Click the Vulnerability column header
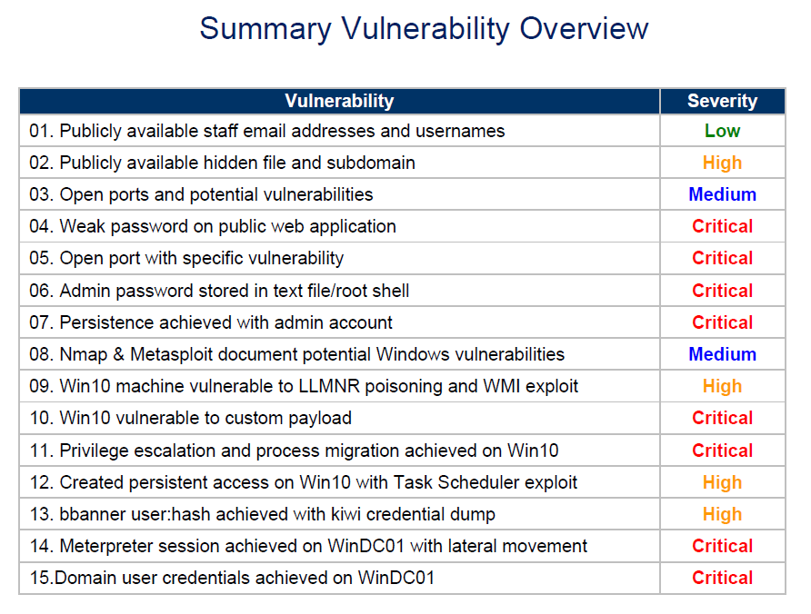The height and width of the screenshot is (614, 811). (x=339, y=101)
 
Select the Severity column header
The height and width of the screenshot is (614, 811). (x=722, y=101)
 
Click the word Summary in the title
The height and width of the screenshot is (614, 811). (x=265, y=29)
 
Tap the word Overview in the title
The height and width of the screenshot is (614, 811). (x=584, y=28)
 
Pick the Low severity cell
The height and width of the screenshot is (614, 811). (x=722, y=131)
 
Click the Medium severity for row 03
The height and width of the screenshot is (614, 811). (x=722, y=194)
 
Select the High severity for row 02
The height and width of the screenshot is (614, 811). (x=722, y=163)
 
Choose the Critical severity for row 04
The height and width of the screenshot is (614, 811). (x=722, y=226)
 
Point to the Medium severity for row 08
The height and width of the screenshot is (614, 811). (x=722, y=354)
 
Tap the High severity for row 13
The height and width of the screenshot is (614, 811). (x=722, y=514)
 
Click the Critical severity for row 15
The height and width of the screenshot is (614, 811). (x=722, y=578)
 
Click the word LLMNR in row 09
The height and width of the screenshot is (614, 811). (x=328, y=386)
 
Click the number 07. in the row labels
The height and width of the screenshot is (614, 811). (x=42, y=322)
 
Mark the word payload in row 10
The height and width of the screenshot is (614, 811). (x=320, y=418)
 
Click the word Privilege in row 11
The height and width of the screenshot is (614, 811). (x=95, y=451)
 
